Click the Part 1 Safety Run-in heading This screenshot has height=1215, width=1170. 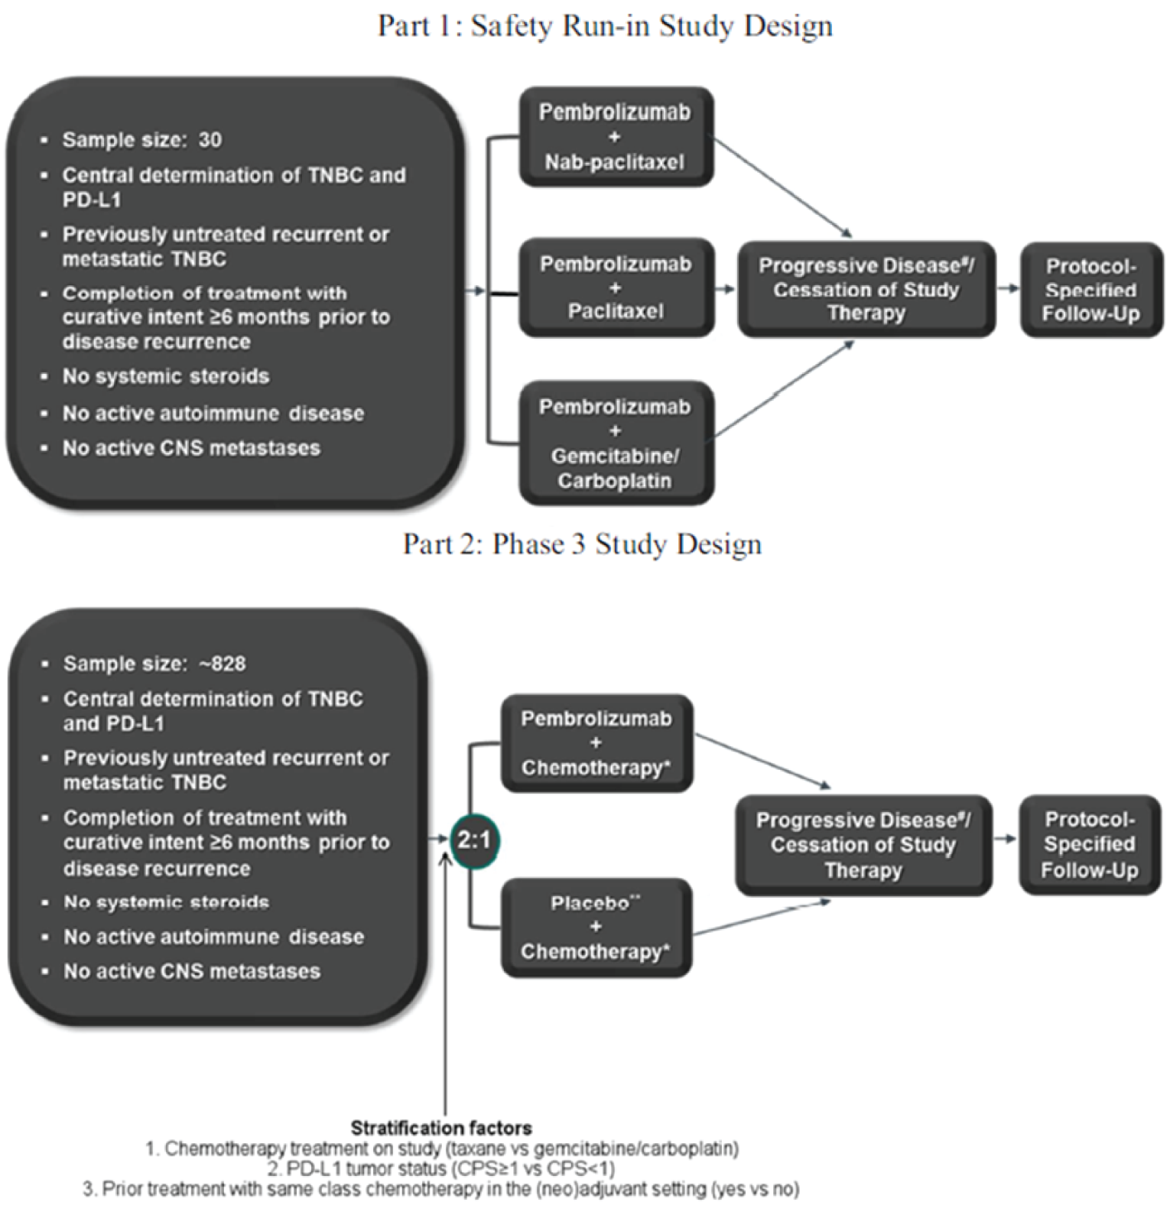tap(605, 25)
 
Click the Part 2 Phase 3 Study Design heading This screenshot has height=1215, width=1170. tap(582, 544)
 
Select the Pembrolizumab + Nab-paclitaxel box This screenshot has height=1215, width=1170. tap(616, 137)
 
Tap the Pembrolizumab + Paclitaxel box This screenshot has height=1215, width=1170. tap(616, 288)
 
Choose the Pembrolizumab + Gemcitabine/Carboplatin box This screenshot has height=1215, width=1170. tap(616, 443)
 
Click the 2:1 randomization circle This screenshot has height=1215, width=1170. tap(473, 840)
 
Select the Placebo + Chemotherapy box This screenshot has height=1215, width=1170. tap(596, 927)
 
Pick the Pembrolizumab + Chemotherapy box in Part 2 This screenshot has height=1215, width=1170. tap(596, 742)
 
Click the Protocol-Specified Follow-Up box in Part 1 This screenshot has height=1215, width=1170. tap(1090, 290)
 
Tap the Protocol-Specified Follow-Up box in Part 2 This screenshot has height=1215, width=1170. tap(1089, 844)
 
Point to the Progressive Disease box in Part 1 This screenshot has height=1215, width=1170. tap(866, 289)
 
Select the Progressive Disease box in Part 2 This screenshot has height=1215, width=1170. tap(863, 845)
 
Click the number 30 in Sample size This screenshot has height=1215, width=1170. tap(210, 140)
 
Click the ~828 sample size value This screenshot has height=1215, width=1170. tap(223, 664)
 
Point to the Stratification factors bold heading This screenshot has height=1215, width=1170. tap(441, 1128)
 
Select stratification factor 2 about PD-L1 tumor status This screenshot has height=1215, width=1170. tap(441, 1168)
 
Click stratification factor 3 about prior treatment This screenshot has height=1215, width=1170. tap(441, 1189)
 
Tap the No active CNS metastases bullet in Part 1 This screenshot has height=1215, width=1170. tap(191, 448)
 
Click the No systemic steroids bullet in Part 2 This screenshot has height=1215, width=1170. tap(166, 902)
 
